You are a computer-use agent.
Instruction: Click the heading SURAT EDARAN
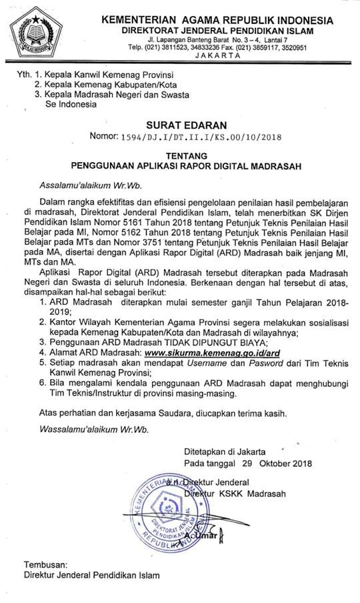(x=195, y=124)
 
